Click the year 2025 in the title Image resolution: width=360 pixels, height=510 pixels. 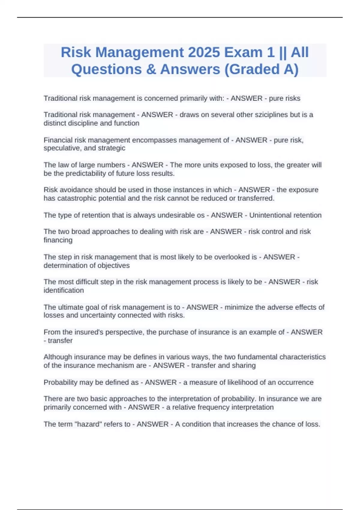point(204,52)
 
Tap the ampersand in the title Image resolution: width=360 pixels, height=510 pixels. point(151,69)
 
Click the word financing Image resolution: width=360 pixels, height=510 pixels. point(58,240)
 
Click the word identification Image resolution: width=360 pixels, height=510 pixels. point(64,290)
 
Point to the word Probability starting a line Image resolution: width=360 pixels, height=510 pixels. point(61,382)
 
